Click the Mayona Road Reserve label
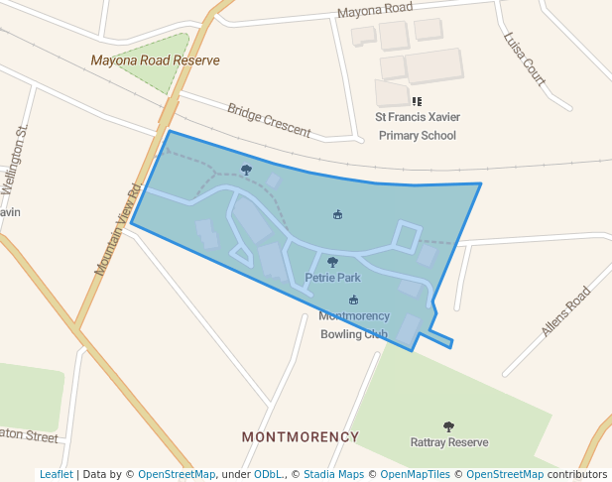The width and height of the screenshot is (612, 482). [x=155, y=60]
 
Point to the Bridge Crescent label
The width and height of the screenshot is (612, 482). [x=269, y=120]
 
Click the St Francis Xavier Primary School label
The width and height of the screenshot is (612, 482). [x=417, y=126]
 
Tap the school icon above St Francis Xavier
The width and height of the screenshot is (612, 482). [x=417, y=101]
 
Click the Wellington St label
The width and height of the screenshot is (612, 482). [x=15, y=160]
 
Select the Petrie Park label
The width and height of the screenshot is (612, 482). [x=332, y=278]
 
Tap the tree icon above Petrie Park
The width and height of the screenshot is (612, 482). [x=332, y=263]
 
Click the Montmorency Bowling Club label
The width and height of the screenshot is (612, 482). [x=353, y=324]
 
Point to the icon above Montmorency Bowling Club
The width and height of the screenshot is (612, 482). [x=353, y=301]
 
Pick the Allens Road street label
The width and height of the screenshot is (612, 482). [x=565, y=310]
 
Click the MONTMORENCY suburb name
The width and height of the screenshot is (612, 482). [x=301, y=436]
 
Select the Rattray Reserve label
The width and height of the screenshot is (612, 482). [x=449, y=442]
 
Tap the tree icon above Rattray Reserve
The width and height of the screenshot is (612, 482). [x=448, y=426]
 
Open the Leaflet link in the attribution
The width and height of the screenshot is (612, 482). [x=56, y=474]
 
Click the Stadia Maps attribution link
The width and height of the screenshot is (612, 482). [x=333, y=474]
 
